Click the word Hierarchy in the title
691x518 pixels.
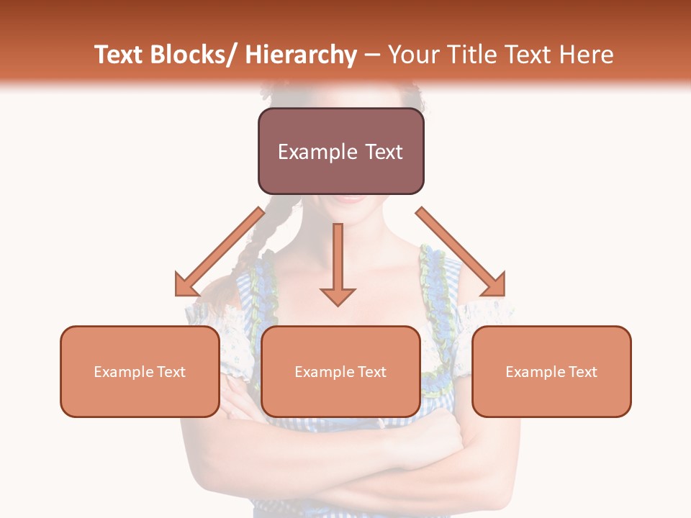tap(301, 55)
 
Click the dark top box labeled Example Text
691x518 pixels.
tap(340, 151)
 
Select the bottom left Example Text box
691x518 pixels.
tap(140, 371)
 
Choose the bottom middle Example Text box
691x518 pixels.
tap(340, 371)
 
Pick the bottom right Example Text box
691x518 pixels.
tap(551, 371)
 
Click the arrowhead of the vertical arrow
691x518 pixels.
tap(338, 295)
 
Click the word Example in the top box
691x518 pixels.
tap(308, 152)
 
